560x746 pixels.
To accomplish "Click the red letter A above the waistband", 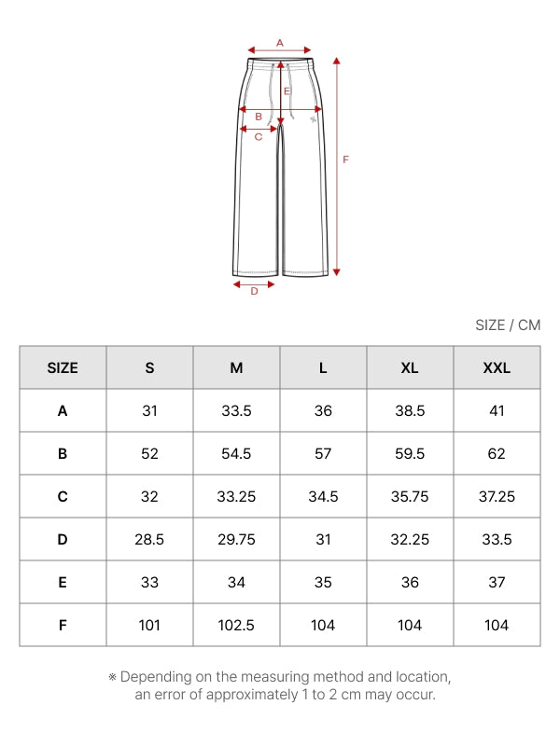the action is point(280,43).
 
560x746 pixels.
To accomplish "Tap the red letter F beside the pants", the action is point(345,159).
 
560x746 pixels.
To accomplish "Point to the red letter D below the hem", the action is point(254,291).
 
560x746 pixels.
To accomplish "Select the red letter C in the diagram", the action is point(259,137).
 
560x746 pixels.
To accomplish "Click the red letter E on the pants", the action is point(287,90).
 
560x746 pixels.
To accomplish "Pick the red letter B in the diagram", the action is point(259,117).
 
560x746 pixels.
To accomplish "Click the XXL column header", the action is point(497,367).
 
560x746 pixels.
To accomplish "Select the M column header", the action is point(237,367).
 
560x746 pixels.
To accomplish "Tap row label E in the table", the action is point(63,582).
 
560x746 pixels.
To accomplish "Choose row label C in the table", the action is point(63,497).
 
